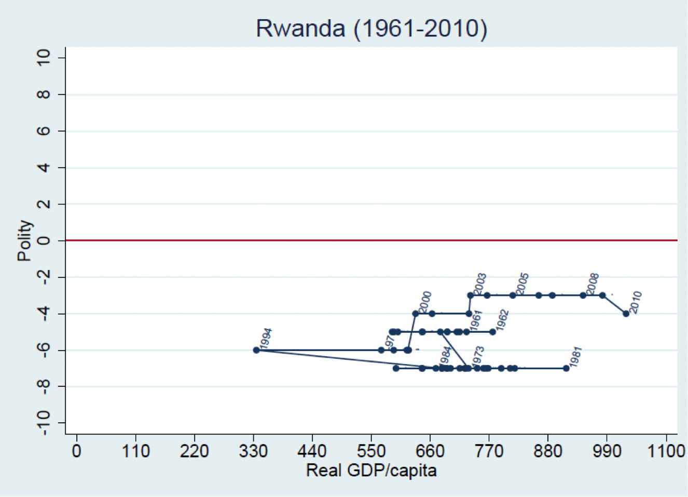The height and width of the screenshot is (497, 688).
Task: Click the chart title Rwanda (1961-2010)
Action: coord(371,28)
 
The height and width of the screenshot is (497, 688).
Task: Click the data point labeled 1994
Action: coord(256,350)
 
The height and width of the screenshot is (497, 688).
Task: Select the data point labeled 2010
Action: coord(626,314)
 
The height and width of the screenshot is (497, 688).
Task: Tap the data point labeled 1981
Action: coord(566,368)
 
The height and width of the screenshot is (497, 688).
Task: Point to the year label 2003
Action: coord(480,284)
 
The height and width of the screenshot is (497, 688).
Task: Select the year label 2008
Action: coord(593,284)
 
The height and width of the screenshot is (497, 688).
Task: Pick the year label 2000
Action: coord(425,302)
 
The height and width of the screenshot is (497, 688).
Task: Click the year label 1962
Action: coord(502,320)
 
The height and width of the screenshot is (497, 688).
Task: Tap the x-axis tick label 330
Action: coord(253,451)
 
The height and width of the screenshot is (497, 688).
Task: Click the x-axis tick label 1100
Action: coord(666,451)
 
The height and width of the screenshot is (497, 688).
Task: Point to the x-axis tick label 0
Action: coord(77,451)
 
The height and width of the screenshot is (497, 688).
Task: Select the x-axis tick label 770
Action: coord(489,451)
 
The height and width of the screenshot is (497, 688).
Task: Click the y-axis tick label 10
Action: coord(44,58)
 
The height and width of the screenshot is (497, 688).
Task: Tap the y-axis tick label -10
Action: coord(44,423)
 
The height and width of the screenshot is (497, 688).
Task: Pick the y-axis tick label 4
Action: coord(44,168)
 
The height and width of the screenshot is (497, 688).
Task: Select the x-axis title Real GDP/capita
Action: coord(371,471)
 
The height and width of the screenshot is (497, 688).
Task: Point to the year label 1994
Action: coord(266,339)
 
